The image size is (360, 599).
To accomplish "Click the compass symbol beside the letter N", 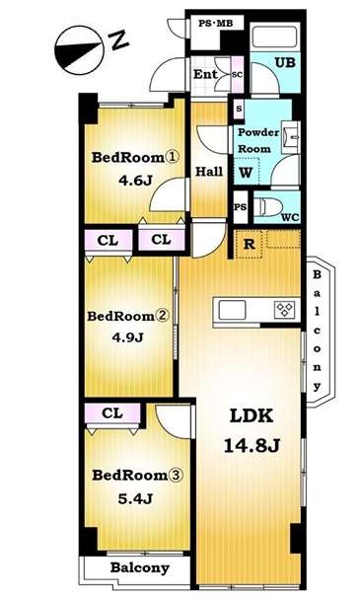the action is pyautogui.click(x=80, y=49).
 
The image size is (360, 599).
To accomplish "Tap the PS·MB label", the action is pyautogui.click(x=215, y=24).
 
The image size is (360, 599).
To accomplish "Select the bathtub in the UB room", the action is pyautogui.click(x=274, y=37).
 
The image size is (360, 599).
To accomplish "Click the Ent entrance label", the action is pyautogui.click(x=205, y=74).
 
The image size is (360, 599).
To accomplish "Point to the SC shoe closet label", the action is pyautogui.click(x=237, y=75).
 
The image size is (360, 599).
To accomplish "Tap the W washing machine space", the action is pyautogui.click(x=247, y=172).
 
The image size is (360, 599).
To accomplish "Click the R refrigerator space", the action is pyautogui.click(x=249, y=244).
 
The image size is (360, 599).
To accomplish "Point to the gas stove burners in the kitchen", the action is pyautogui.click(x=285, y=309).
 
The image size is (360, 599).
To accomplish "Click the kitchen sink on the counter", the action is pyautogui.click(x=232, y=310).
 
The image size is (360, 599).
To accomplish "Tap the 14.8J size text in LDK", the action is pyautogui.click(x=252, y=445).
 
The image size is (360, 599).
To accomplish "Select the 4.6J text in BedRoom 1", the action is pyautogui.click(x=135, y=181).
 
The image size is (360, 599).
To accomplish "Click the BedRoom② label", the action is pyautogui.click(x=127, y=317).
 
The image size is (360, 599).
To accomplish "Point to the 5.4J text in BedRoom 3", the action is pyautogui.click(x=135, y=498).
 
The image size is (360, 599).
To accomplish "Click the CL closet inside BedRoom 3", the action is pyautogui.click(x=112, y=413).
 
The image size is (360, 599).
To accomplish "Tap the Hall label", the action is pyautogui.click(x=209, y=171).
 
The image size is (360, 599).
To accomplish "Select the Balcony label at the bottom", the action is pyautogui.click(x=140, y=568).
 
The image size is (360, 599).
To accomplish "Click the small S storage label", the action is pyautogui.click(x=239, y=109).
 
